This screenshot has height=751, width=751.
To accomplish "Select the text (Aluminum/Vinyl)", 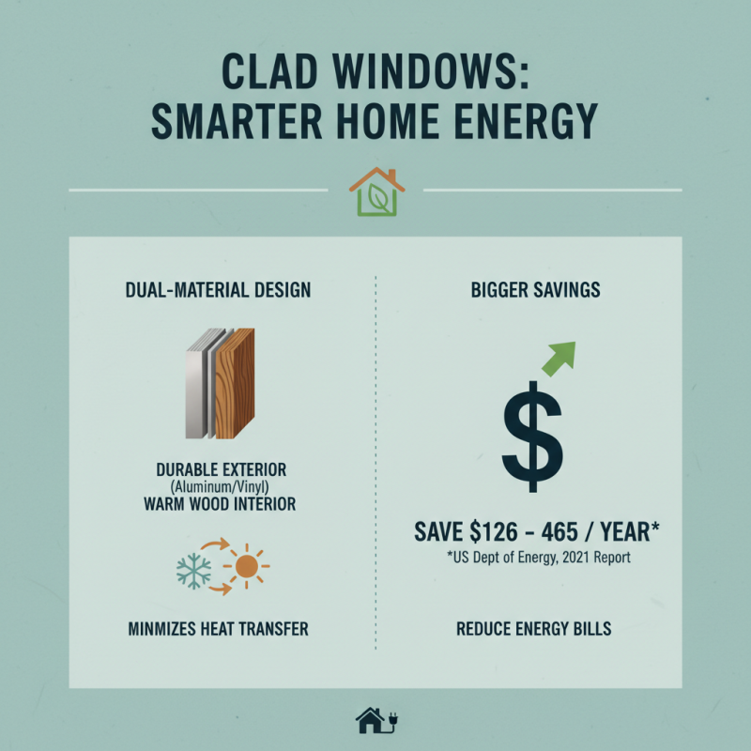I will pyautogui.click(x=221, y=486).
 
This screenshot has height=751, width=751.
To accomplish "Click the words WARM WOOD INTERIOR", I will pyautogui.click(x=221, y=505).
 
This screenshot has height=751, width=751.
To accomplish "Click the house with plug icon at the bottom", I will pyautogui.click(x=373, y=721).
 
